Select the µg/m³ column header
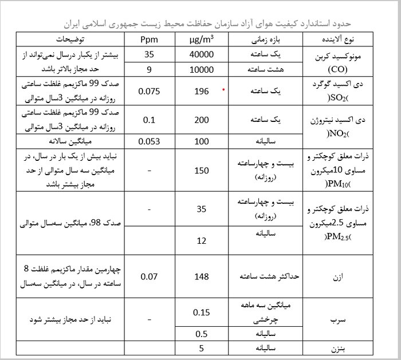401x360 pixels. pos(202,41)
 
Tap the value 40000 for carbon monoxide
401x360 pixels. pos(202,56)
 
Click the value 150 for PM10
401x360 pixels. pos(202,170)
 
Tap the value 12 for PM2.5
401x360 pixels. pos(202,240)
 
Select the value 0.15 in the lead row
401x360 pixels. pos(202,312)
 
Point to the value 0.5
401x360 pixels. pos(202,334)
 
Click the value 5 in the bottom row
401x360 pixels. pos(202,347)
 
